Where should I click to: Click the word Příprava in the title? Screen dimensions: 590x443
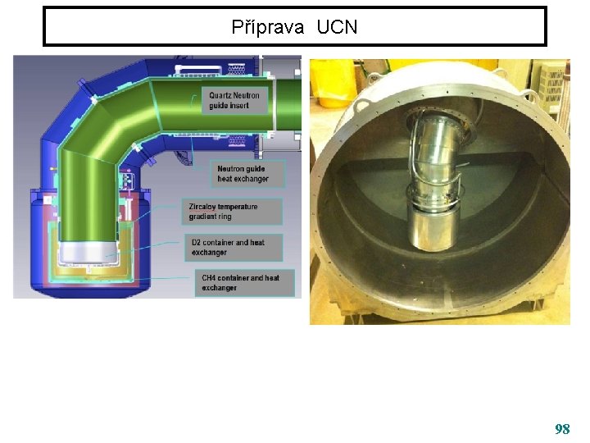click(x=267, y=27)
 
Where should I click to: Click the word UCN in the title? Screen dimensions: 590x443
click(x=337, y=27)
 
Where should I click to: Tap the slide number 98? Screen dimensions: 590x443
click(x=562, y=429)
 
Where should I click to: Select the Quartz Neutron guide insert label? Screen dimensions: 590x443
click(x=236, y=100)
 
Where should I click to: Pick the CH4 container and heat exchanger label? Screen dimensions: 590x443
click(x=240, y=282)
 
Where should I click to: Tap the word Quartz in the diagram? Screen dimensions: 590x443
click(x=224, y=95)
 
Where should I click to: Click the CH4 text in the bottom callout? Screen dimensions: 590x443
click(x=210, y=278)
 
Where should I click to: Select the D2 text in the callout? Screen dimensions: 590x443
click(x=197, y=243)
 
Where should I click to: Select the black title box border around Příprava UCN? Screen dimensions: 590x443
click(x=295, y=8)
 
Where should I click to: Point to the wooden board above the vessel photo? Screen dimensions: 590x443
click(x=442, y=64)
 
